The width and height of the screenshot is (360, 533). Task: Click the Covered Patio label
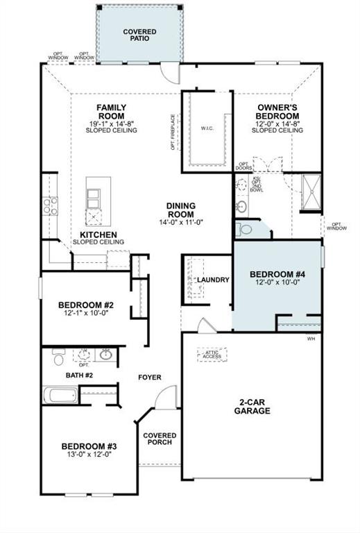tap(139, 35)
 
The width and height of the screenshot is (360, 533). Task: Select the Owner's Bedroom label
tap(277, 112)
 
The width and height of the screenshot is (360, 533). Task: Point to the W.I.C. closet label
tap(207, 128)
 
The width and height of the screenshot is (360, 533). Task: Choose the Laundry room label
tap(213, 280)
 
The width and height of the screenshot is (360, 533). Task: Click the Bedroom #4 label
tap(277, 274)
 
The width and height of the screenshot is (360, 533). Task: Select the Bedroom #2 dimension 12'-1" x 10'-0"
tap(85, 314)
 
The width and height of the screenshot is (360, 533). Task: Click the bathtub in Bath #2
tap(60, 396)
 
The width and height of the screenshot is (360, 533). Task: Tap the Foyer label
tap(149, 378)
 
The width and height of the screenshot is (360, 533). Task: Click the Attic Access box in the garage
tap(212, 355)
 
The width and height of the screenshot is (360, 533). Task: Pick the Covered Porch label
tap(160, 439)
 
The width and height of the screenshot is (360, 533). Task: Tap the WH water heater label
tap(311, 339)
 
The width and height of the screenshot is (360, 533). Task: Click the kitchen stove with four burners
tap(51, 205)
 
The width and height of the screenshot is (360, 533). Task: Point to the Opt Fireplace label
tap(173, 133)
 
